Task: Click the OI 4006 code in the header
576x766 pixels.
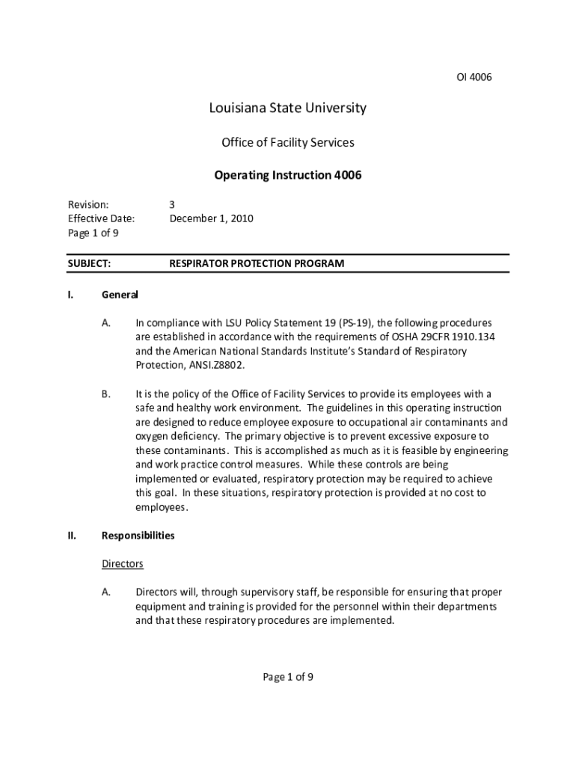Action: [x=474, y=77]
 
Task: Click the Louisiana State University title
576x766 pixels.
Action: [x=288, y=108]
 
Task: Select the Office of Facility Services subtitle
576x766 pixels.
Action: [x=288, y=142]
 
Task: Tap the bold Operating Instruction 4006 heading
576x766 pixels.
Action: [x=288, y=175]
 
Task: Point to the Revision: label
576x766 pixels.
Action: [x=88, y=204]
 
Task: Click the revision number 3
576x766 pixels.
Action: [x=172, y=204]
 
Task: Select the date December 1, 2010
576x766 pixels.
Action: [x=212, y=218]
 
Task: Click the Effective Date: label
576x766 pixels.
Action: [x=101, y=218]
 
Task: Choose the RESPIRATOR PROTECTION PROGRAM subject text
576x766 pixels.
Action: [x=257, y=263]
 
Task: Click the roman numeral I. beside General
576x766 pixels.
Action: [x=70, y=294]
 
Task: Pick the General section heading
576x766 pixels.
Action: [x=120, y=294]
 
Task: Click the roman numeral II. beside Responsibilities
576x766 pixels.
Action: [x=72, y=536]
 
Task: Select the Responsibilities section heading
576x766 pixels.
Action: [x=138, y=536]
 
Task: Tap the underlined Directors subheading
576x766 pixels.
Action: [x=122, y=564]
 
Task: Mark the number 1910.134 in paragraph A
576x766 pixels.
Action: [x=472, y=337]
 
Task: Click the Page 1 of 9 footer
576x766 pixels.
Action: [x=288, y=677]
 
